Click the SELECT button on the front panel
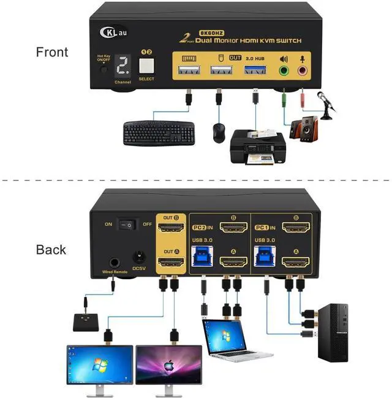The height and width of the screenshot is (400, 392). (x=146, y=66)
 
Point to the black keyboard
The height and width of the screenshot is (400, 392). (x=159, y=133)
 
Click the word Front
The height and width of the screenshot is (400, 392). (x=53, y=52)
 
